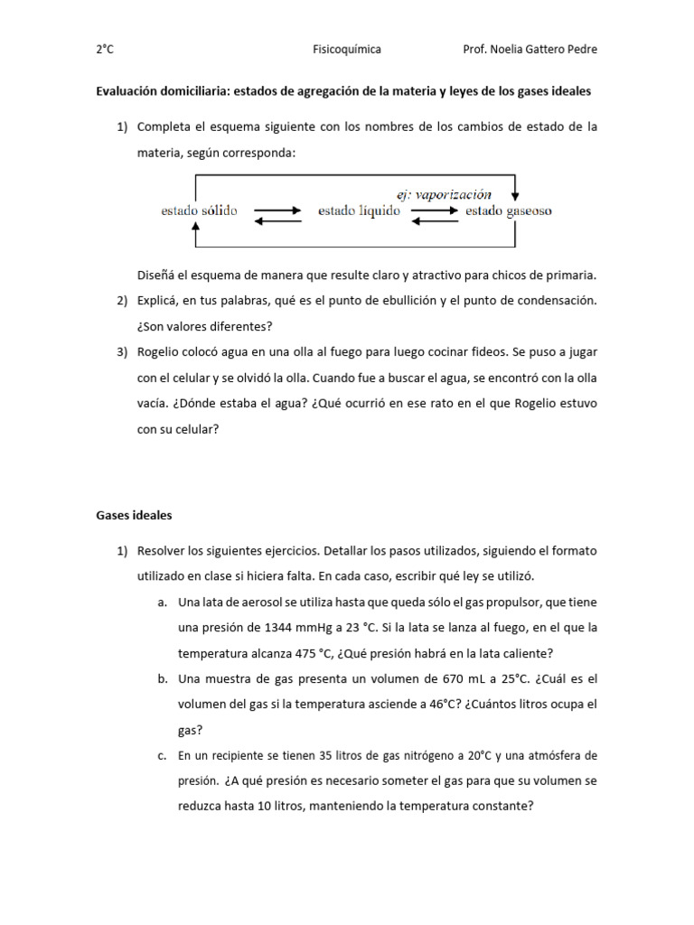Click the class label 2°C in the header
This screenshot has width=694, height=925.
[105, 50]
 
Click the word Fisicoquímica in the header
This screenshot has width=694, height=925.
[347, 50]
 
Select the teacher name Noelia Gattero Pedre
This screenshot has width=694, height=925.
[543, 50]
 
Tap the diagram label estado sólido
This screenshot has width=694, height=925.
[199, 211]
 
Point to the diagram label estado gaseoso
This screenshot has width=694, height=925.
[508, 211]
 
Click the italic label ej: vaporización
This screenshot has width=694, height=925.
[445, 194]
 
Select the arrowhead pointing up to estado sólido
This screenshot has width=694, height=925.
[195, 229]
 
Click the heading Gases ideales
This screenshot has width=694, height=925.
[134, 516]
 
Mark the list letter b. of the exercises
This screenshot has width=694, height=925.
[161, 678]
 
